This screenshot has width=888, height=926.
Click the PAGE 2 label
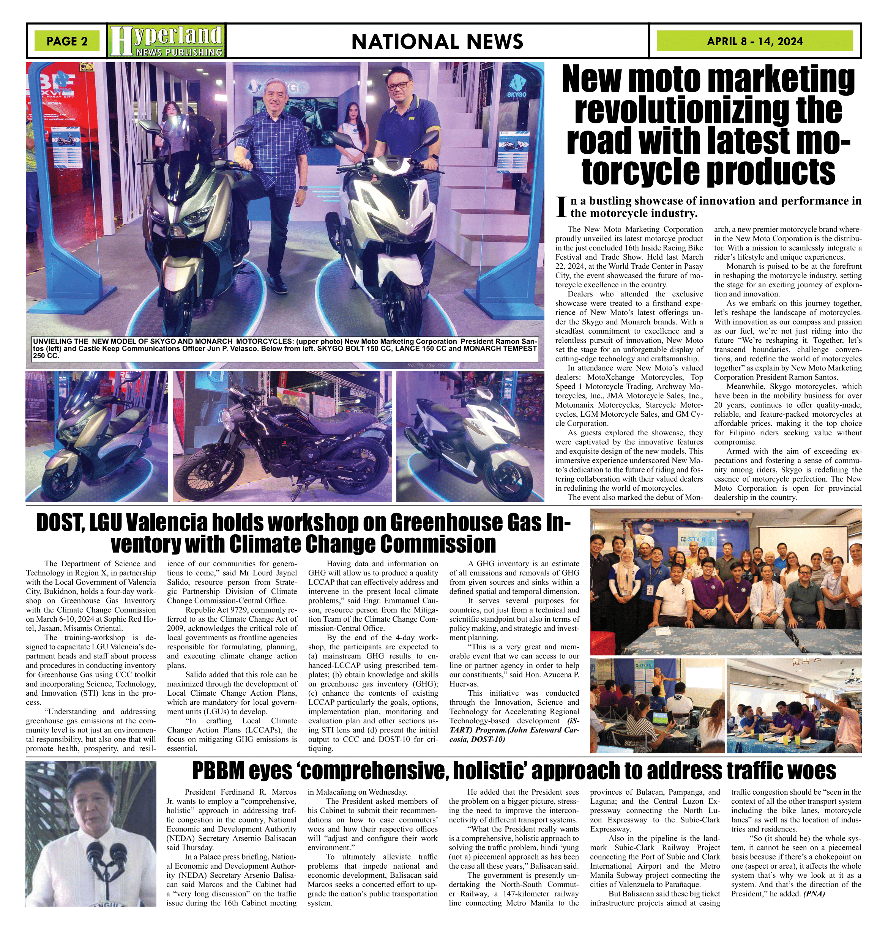(67, 41)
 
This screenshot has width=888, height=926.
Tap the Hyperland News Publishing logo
(166, 41)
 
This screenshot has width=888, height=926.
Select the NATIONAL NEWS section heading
(437, 42)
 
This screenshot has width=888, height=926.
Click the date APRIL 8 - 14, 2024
(754, 41)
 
